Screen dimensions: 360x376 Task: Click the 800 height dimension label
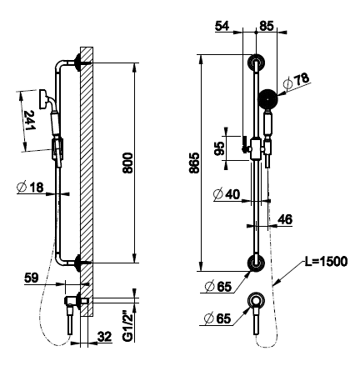(127, 163)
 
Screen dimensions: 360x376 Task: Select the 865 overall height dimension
(194, 163)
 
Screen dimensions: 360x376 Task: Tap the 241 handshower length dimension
(29, 120)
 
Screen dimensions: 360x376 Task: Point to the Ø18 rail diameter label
(30, 188)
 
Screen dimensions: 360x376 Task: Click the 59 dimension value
(32, 278)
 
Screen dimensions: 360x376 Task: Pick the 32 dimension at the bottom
(105, 337)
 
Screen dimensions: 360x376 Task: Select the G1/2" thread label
(128, 326)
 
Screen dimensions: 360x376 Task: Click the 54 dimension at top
(222, 26)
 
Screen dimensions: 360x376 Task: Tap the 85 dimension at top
(267, 26)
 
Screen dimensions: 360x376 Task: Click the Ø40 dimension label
(227, 194)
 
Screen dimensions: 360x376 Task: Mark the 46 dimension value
(285, 219)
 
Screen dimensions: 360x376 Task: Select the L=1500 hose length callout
(326, 262)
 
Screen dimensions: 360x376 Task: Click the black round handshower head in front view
(267, 99)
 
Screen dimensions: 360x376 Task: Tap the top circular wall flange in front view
(256, 63)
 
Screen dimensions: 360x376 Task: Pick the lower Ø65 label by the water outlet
(217, 318)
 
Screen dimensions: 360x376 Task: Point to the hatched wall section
(87, 182)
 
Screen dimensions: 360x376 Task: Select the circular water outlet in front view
(256, 301)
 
